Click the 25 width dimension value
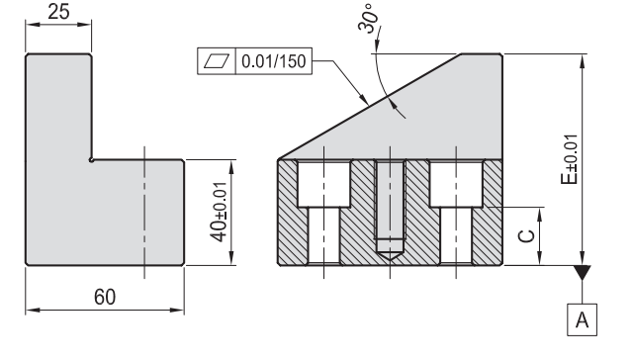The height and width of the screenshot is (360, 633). tap(58, 12)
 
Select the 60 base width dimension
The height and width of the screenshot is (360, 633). tap(105, 297)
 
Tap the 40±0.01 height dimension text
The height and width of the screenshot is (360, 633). tap(219, 212)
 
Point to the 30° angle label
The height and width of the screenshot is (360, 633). tap(368, 19)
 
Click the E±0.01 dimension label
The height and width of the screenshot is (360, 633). tap(570, 159)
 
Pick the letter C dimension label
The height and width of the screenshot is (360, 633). tap(526, 236)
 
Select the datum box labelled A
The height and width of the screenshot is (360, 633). tap(582, 319)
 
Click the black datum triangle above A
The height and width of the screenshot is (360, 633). tap(582, 272)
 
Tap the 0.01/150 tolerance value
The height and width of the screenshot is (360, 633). tap(273, 61)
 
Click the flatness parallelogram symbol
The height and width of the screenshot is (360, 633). tap(217, 61)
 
